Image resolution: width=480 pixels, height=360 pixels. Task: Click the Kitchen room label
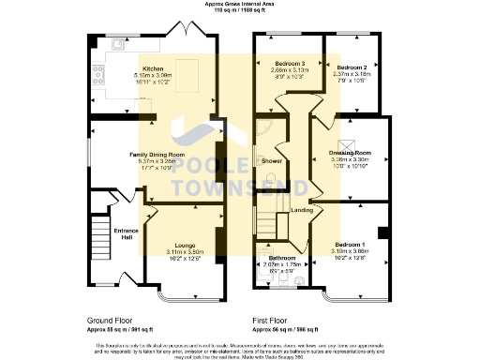pyautogui.click(x=152, y=69)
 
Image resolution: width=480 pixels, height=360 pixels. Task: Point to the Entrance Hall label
pyautogui.click(x=126, y=233)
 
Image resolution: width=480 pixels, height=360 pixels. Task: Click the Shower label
pyautogui.click(x=272, y=160)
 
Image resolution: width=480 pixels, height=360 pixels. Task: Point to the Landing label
pyautogui.click(x=301, y=210)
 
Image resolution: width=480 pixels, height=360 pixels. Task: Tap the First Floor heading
pyautogui.click(x=270, y=320)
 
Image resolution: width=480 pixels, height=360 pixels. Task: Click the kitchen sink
pyautogui.click(x=117, y=44)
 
